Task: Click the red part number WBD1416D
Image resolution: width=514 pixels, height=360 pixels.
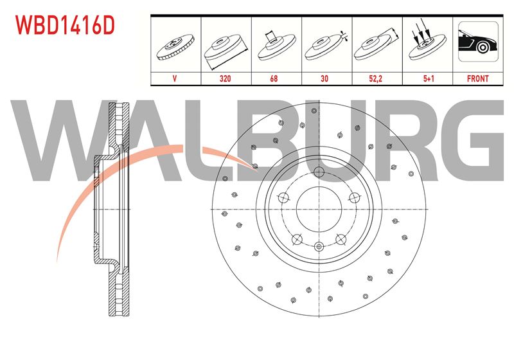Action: [66, 26]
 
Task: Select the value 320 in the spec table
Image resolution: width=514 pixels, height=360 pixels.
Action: [226, 78]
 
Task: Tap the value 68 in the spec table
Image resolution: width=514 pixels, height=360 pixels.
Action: [274, 78]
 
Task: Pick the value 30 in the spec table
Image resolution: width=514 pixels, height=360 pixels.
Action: [324, 78]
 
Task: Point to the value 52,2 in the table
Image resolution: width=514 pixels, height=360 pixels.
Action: [375, 78]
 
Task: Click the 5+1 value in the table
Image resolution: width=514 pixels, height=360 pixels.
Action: [429, 78]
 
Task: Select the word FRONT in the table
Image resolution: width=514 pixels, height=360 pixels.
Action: [477, 78]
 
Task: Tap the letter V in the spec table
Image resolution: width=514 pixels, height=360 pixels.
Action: [174, 78]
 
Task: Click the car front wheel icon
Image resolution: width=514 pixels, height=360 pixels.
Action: [478, 42]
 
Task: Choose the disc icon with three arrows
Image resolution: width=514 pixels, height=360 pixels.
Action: [427, 41]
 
